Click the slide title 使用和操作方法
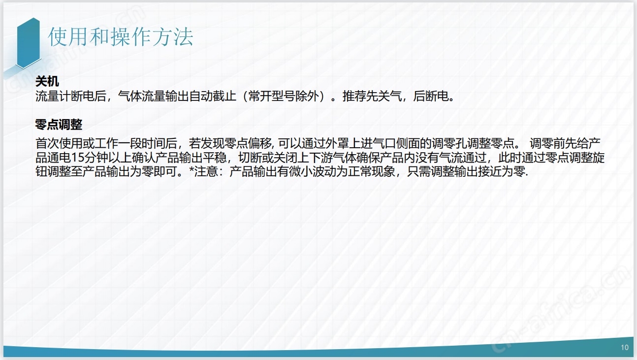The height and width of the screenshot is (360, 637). click(x=121, y=37)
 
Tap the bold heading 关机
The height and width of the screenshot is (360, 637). click(x=47, y=82)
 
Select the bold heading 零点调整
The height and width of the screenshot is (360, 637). click(x=59, y=125)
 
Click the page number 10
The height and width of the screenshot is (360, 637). click(x=625, y=348)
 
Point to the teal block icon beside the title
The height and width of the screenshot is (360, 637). click(x=28, y=43)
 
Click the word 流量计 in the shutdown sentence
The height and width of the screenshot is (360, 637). click(x=53, y=96)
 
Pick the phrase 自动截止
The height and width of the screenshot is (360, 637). click(x=213, y=96)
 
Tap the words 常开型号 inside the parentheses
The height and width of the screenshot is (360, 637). click(x=272, y=96)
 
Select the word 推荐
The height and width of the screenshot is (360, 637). click(x=354, y=96)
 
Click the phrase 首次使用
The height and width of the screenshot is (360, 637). click(x=59, y=143)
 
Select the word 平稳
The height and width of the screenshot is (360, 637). click(x=215, y=158)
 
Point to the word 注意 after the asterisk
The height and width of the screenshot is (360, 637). click(x=206, y=171)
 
